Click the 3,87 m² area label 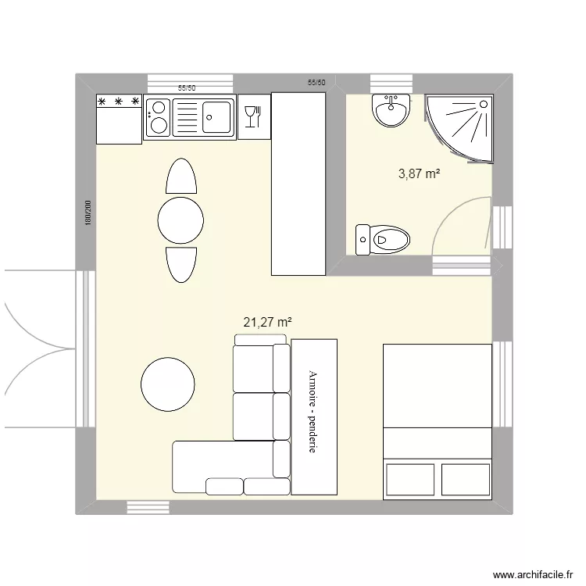point(419,174)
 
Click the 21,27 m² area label point(268,321)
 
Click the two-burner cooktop point(157,117)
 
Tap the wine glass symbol point(252,117)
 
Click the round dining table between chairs point(180,220)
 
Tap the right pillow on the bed point(464,479)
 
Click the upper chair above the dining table point(180,177)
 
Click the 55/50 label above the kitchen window point(187,89)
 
